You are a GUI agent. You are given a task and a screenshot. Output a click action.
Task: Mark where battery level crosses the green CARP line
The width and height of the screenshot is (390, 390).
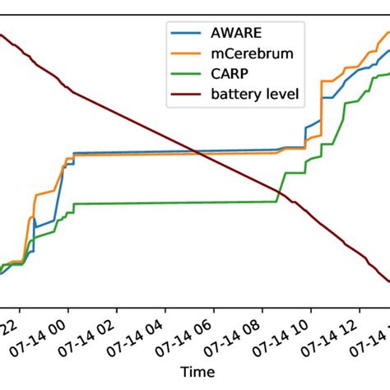279,195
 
